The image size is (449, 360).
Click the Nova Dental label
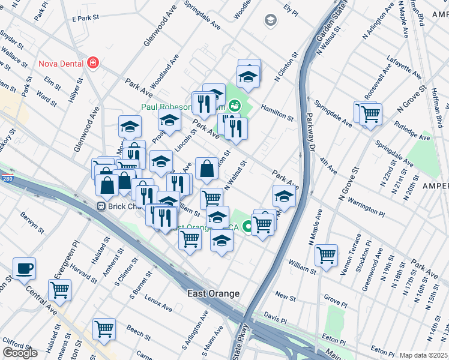[x=60, y=64]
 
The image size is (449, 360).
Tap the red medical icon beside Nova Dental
[x=92, y=63]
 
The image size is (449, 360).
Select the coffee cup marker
[x=24, y=269]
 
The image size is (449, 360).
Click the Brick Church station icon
[x=101, y=206]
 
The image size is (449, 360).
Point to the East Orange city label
[x=212, y=293]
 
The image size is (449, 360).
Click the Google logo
[x=20, y=353]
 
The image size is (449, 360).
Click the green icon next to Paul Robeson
[x=235, y=106]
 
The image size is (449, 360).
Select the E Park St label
[x=85, y=19]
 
